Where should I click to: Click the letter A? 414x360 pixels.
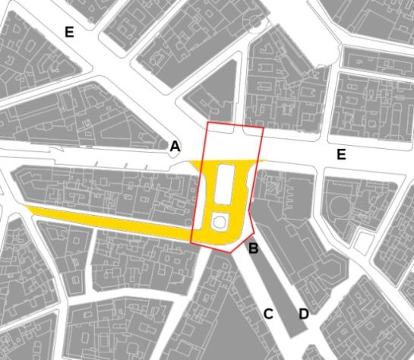pos(175,146)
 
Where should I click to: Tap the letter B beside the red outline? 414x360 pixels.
pos(254,247)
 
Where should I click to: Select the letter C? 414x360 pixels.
pos(268,314)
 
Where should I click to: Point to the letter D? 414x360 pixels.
pos(303,313)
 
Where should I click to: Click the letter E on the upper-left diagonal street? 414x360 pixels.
pos(69,32)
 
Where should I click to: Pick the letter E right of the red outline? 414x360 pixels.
pos(341,155)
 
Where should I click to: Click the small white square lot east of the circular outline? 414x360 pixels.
pos(365,242)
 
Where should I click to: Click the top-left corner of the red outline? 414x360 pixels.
pos(209,122)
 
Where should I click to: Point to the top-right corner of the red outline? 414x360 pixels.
pos(263,128)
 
